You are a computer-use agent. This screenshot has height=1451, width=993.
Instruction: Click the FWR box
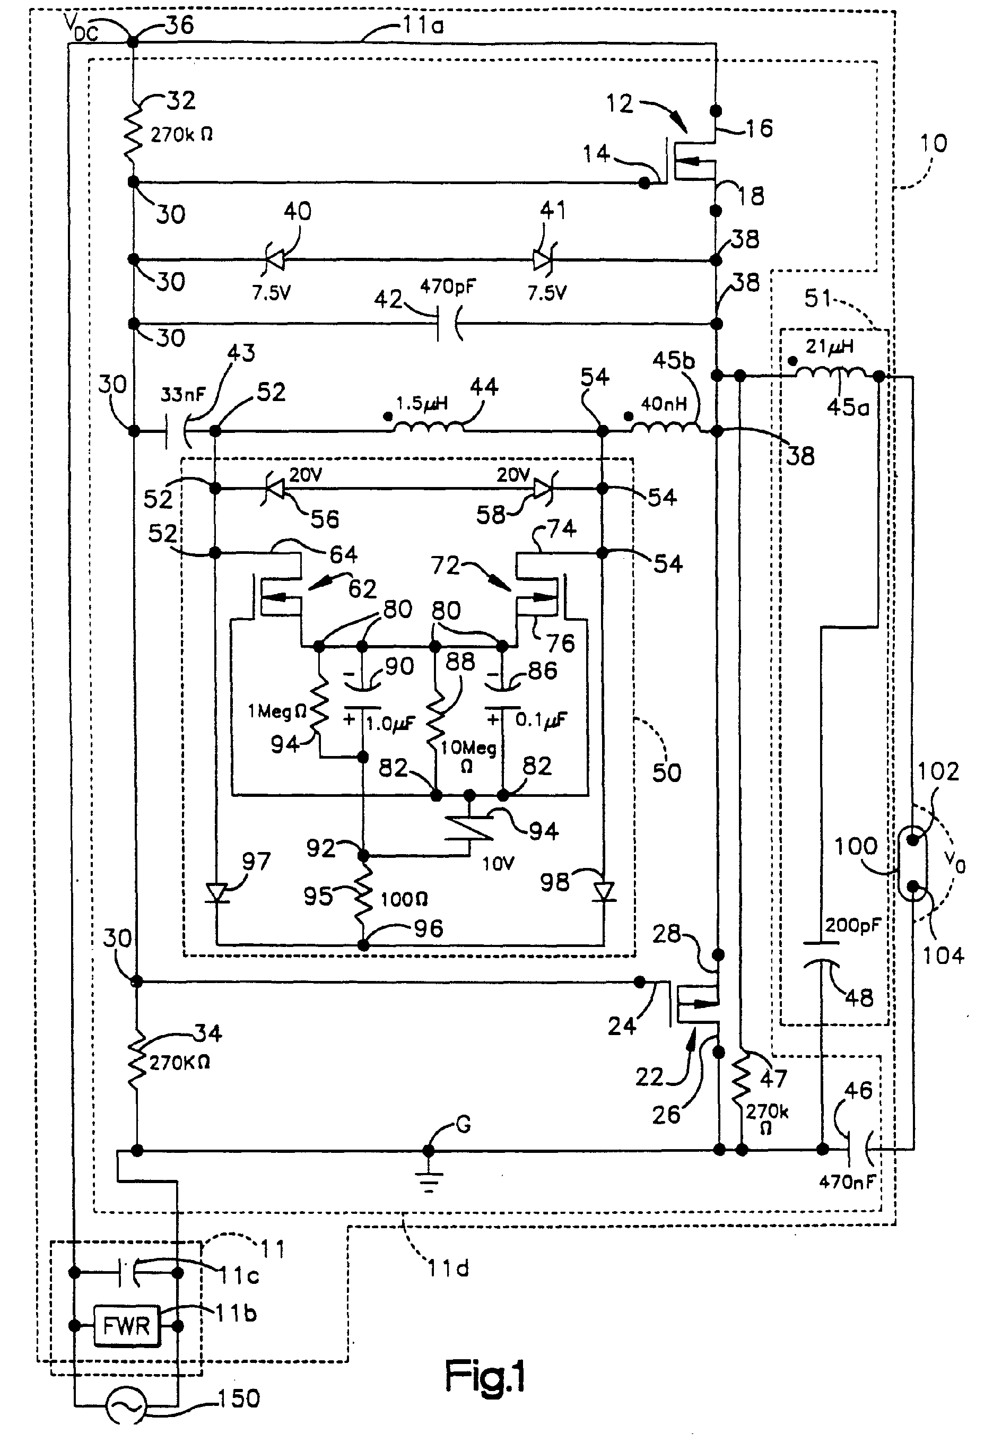point(127,1325)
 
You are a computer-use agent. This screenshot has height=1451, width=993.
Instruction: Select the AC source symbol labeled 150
point(126,1406)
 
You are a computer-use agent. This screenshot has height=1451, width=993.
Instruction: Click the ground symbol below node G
point(429,1180)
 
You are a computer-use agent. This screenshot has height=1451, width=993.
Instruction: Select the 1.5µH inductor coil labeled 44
point(428,426)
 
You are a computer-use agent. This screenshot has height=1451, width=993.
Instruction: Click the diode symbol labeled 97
point(216,893)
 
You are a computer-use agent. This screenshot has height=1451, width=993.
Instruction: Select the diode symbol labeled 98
point(604,892)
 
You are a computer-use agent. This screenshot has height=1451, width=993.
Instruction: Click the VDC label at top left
point(81,28)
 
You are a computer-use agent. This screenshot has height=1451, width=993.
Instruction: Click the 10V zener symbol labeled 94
point(469,829)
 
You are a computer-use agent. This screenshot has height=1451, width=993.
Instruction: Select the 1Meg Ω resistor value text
point(276,711)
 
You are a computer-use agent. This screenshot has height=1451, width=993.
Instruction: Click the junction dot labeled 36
point(133,42)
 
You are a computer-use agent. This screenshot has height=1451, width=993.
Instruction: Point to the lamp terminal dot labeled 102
point(912,840)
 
